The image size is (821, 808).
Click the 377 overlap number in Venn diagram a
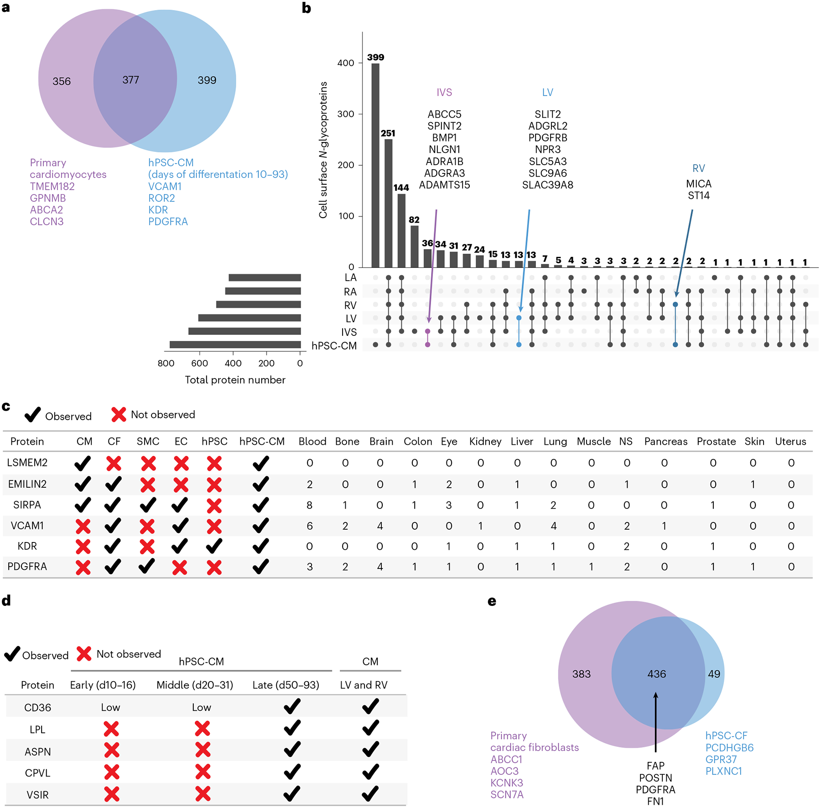(130, 80)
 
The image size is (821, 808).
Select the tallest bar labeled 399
(375, 164)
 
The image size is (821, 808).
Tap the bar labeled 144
(401, 230)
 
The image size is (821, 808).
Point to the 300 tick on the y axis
(346, 114)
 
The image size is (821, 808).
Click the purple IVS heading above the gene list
(444, 93)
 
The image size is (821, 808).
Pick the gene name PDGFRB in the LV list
(547, 138)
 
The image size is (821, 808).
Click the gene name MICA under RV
(698, 184)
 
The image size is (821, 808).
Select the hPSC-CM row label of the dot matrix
(334, 346)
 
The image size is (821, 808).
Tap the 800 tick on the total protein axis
(166, 363)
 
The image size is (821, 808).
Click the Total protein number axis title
(235, 380)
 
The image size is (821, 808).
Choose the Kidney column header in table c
(485, 442)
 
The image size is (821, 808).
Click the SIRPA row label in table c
(27, 505)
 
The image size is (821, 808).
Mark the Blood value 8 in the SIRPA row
(310, 505)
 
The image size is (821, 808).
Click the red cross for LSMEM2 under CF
(114, 464)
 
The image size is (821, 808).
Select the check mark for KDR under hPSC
(214, 546)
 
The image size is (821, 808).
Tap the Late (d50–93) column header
(286, 685)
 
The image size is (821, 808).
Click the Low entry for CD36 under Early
(110, 708)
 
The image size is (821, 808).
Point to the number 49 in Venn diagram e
(714, 674)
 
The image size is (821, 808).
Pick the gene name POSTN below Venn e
(655, 777)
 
